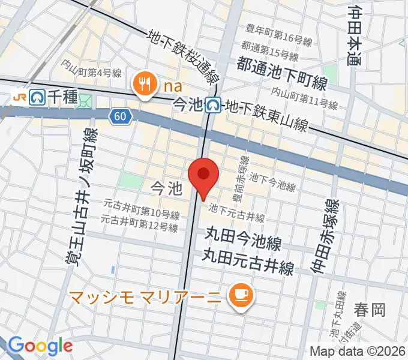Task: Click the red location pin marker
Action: (x=203, y=175)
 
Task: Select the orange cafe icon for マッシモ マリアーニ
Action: (x=242, y=295)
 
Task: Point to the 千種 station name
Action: (x=62, y=96)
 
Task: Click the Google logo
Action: (x=40, y=346)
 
